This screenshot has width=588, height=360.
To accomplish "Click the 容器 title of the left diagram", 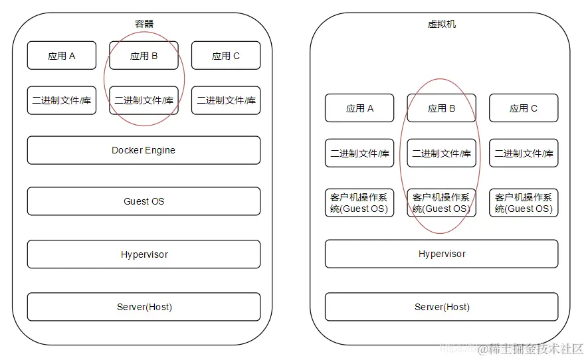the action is [x=144, y=24].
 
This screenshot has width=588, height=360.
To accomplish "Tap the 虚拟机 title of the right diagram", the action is [x=441, y=24].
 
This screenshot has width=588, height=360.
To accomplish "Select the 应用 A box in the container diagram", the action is [x=62, y=56].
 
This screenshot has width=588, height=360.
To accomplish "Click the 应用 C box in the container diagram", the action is [x=226, y=56].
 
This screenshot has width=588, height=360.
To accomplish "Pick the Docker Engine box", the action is [x=144, y=150].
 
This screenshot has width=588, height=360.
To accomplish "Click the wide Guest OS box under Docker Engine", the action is [x=144, y=201].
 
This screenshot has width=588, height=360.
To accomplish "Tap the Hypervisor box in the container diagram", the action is [x=144, y=254].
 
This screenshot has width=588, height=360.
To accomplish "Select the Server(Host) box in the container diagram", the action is [x=144, y=307].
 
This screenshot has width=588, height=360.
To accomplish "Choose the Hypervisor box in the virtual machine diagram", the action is [x=441, y=254].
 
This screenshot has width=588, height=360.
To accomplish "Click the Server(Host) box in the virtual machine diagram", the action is [x=441, y=307].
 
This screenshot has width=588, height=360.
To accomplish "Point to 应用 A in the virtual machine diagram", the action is [x=359, y=108].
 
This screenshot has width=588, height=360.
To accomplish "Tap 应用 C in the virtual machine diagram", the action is [x=524, y=108].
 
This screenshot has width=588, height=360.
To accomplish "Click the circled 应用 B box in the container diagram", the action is [x=144, y=56].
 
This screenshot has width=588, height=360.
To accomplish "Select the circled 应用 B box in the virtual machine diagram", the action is [x=441, y=108].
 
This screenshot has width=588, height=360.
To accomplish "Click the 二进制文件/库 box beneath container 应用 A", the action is [x=62, y=100].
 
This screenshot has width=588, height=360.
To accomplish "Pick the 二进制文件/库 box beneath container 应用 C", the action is [x=226, y=100].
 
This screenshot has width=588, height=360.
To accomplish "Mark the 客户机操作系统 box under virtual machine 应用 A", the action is [x=359, y=203].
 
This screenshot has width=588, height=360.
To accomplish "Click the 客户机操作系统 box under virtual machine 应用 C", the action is [x=524, y=203].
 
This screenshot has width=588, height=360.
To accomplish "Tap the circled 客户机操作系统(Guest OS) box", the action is [x=441, y=203].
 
